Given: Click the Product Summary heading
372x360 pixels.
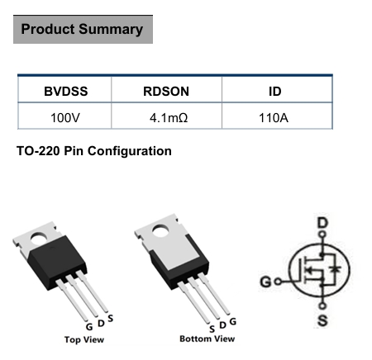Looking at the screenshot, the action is (x=82, y=29).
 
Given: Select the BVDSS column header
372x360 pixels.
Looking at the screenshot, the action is (x=66, y=92).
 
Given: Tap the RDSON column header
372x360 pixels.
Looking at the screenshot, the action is (x=166, y=92).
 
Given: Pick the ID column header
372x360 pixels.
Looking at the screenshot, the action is (x=275, y=92).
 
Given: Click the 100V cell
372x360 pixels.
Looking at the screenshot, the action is (x=65, y=118).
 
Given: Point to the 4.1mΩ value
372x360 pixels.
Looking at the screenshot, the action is (x=169, y=118).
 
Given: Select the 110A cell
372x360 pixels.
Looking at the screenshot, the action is (x=274, y=118).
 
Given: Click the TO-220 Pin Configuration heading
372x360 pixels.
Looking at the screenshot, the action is (x=94, y=151).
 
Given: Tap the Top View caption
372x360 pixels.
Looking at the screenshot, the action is (x=84, y=339).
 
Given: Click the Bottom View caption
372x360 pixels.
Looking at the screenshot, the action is (x=207, y=339).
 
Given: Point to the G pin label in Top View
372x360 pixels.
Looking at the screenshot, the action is (x=89, y=327).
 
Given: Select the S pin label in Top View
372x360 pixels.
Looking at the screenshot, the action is (x=111, y=318).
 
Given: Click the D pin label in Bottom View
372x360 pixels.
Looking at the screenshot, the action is (x=222, y=325).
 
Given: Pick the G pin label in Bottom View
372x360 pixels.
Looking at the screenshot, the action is (x=233, y=321).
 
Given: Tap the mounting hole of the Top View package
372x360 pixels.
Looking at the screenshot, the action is (x=39, y=239).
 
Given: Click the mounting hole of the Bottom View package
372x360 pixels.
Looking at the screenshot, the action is (x=160, y=230).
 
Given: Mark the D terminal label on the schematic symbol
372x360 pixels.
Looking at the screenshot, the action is (x=322, y=223).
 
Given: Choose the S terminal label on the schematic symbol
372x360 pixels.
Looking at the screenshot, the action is (x=322, y=320).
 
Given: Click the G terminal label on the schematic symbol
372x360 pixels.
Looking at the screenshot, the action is (x=265, y=282).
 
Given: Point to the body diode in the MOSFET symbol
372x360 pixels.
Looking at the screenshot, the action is (x=335, y=269).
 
